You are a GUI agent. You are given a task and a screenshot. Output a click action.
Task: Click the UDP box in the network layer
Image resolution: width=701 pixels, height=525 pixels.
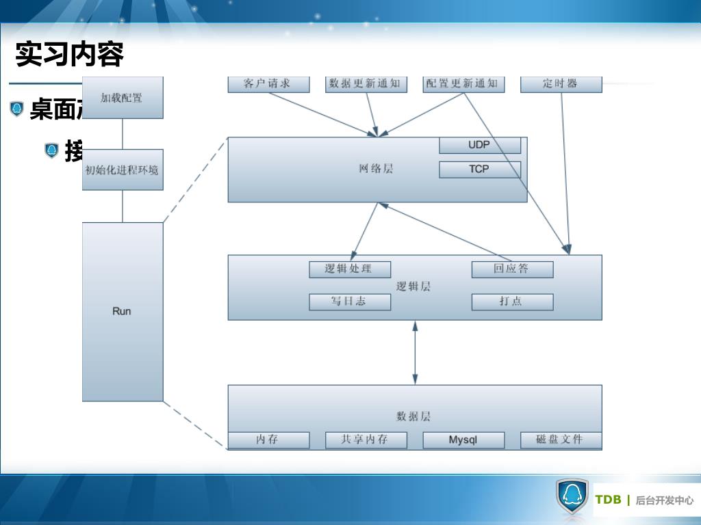[479, 146]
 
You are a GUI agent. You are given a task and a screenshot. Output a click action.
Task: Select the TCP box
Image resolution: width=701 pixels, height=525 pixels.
[479, 169]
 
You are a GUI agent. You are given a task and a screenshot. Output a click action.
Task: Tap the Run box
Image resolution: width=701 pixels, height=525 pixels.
[123, 311]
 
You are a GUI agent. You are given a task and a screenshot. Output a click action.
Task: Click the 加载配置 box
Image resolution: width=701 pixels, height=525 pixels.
[123, 98]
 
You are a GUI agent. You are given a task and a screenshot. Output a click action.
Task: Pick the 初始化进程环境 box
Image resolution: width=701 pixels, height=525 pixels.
[123, 170]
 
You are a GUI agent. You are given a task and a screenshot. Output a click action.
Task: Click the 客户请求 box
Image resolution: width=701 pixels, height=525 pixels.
[268, 84]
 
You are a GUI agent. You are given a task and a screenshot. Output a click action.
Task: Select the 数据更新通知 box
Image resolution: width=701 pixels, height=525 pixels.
[366, 84]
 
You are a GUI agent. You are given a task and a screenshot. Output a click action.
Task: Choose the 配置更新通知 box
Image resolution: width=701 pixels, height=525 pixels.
[463, 84]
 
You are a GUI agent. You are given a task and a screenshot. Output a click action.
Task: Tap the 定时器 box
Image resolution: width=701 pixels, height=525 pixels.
[561, 84]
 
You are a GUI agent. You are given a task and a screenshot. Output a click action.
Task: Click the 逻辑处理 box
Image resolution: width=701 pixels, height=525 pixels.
[349, 269]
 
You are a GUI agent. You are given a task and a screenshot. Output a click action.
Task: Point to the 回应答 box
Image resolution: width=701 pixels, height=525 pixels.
[512, 269]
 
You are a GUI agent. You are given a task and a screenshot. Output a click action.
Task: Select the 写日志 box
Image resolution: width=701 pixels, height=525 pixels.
[349, 301]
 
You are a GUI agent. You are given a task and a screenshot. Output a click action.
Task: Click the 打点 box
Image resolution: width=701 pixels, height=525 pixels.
[512, 301]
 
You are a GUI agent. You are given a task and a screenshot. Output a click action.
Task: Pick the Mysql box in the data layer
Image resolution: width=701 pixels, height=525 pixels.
[463, 440]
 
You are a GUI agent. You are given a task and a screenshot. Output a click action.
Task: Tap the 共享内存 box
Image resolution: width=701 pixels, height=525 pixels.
[366, 440]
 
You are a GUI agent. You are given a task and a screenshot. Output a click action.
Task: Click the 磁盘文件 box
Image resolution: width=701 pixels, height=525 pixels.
[561, 440]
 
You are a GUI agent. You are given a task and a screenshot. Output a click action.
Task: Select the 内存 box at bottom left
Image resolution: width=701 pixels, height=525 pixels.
[268, 440]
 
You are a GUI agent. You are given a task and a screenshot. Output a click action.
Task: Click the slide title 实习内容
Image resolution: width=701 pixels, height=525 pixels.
[69, 55]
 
